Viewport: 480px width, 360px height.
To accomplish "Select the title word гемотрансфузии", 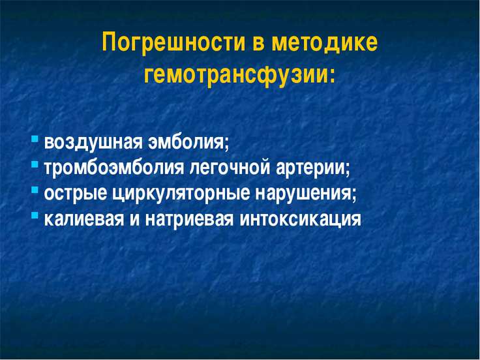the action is coord(239,74).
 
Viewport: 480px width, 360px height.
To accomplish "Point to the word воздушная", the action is coord(93,143).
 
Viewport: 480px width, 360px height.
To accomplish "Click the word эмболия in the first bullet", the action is coord(188,143).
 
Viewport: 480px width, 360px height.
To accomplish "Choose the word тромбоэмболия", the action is coord(114,168).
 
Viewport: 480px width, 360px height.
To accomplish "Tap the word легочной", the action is coord(230,168).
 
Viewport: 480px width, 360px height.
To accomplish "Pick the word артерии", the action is coord(313,169).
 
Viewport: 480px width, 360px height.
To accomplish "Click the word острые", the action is coord(76,194).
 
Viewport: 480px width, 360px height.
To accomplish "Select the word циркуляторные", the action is coord(181,194).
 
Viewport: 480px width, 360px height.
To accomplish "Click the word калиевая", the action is coord(84,219).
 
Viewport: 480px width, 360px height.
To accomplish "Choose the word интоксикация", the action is coord(300,220).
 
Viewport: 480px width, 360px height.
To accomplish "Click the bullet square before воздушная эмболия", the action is coord(35,140).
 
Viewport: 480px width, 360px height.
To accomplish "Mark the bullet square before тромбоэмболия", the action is coord(35,165).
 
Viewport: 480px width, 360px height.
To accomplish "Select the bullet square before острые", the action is coord(35,190).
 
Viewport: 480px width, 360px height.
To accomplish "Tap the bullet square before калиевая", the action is coord(35,215).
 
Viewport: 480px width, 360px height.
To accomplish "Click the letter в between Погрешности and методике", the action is coord(258,44).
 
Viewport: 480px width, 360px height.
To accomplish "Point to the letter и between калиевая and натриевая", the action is coord(135,220).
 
